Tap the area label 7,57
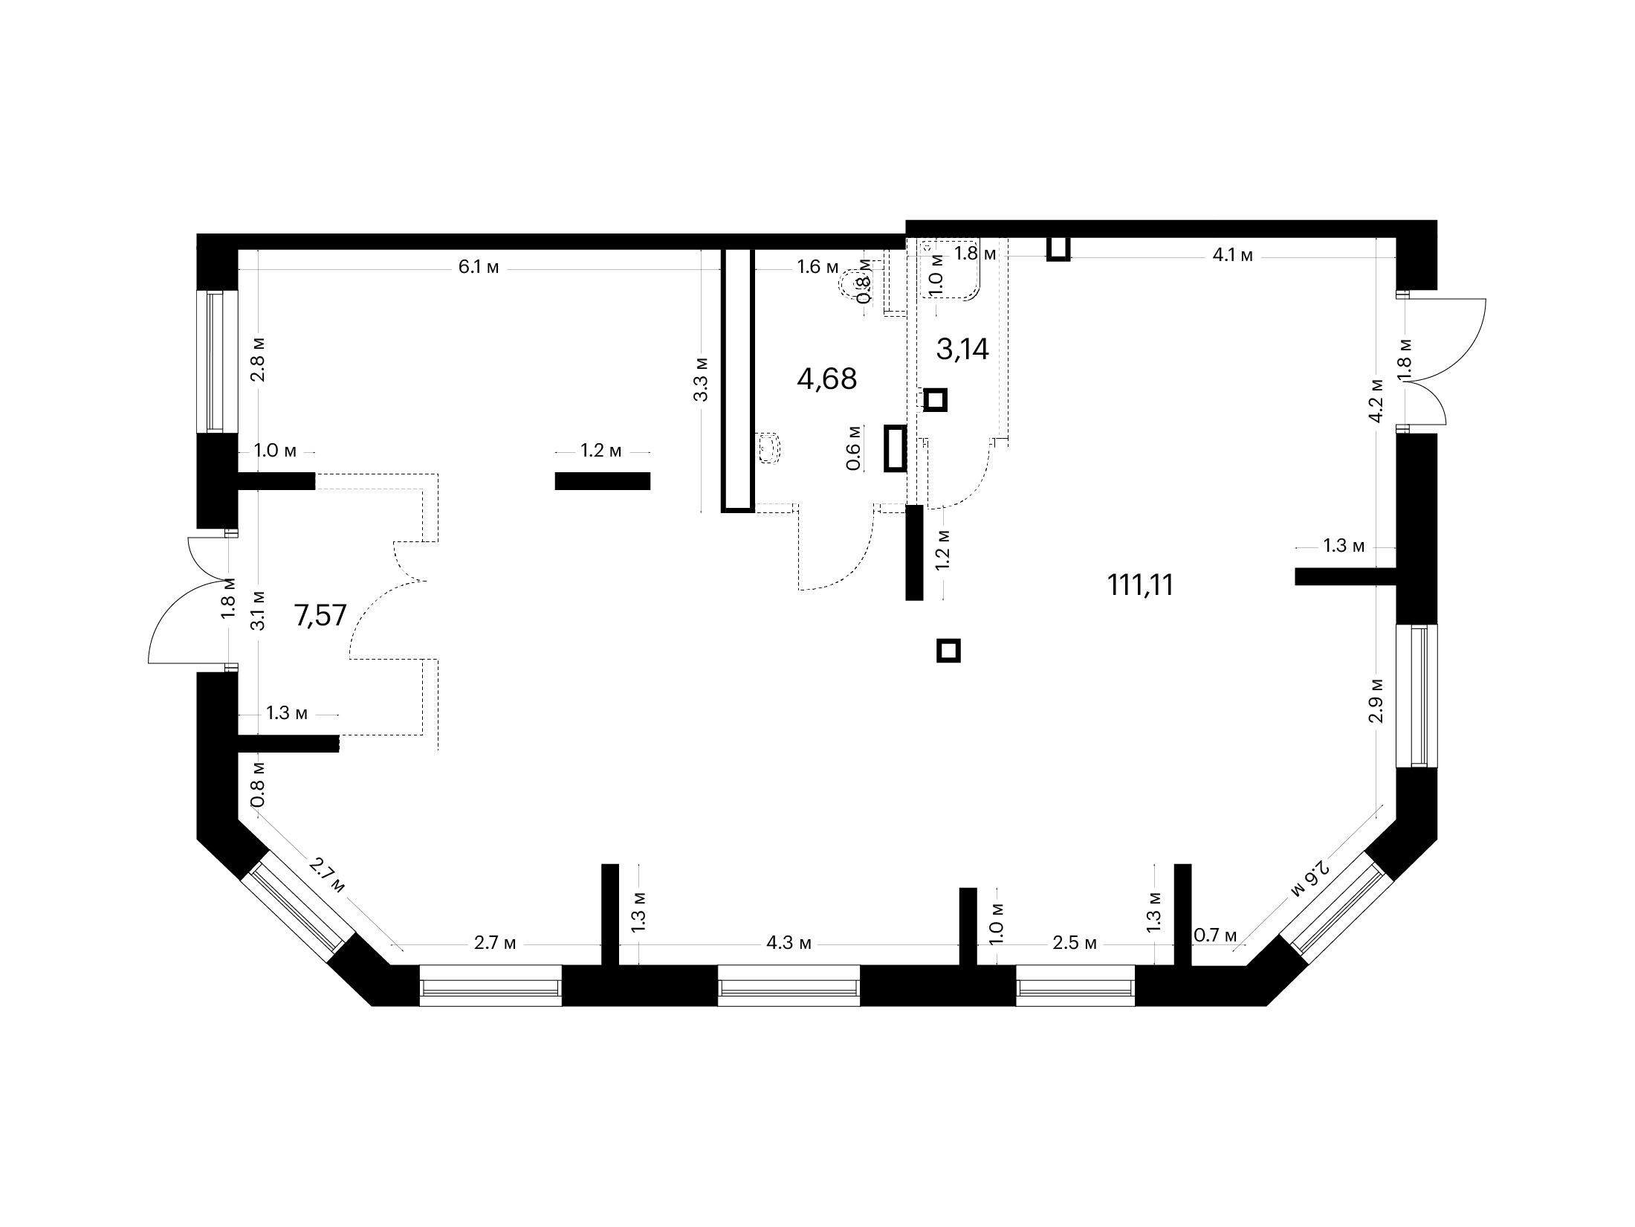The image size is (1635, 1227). [321, 616]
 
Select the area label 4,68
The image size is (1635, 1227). [826, 379]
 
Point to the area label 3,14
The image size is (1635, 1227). [962, 349]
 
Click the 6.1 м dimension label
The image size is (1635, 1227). [479, 268]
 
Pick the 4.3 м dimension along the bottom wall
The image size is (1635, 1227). [789, 944]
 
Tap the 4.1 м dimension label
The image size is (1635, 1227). [1232, 256]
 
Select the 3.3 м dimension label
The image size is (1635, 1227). [701, 379]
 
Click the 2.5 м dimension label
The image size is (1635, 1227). [1075, 944]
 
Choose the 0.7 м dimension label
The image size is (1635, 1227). [1215, 935]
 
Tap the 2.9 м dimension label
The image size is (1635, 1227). [1376, 700]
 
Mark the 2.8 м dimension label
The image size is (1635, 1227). [258, 360]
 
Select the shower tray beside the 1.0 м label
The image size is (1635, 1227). [950, 269]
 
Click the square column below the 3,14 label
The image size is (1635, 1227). [936, 400]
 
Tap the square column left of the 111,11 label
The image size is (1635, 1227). [948, 651]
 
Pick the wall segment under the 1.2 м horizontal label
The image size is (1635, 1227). [602, 481]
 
